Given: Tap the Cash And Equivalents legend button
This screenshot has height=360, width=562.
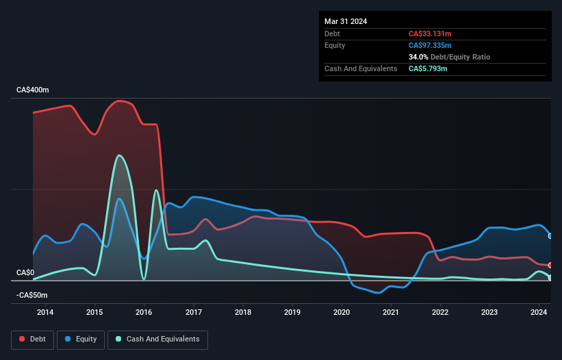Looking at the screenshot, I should (157, 339).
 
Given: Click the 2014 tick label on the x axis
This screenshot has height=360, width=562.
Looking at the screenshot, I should (45, 313).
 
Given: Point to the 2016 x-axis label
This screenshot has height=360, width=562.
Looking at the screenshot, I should (144, 313).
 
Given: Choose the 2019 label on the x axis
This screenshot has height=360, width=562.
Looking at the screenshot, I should (292, 313).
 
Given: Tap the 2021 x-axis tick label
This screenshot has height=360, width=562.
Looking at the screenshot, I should (391, 313).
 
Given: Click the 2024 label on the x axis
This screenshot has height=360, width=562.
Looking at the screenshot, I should (539, 313).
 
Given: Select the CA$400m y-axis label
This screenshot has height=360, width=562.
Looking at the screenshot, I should (33, 90).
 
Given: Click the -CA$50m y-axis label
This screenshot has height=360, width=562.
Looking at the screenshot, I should (32, 295).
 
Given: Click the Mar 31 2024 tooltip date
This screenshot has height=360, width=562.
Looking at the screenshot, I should (346, 21).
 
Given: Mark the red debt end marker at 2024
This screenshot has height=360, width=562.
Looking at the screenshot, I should (550, 265).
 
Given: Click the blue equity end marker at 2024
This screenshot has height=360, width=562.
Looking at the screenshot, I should (550, 235).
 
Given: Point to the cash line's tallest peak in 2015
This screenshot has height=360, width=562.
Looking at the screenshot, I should (120, 155).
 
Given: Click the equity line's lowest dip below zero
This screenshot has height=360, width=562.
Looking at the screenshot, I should (377, 293).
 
